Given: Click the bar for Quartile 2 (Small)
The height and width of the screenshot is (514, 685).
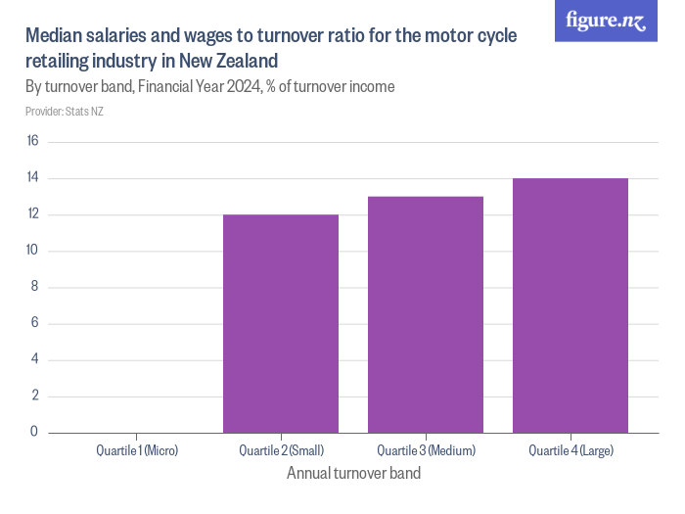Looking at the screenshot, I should click(281, 323).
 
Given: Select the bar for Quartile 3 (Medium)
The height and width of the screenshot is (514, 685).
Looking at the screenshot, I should click(426, 314).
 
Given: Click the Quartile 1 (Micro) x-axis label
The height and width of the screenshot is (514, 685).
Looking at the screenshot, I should click(137, 450).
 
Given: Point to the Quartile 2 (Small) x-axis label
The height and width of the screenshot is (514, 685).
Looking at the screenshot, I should click(281, 450).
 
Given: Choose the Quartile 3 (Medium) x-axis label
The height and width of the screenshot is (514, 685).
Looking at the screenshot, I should click(426, 450).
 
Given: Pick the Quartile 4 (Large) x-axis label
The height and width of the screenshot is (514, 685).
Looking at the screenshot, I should click(571, 450).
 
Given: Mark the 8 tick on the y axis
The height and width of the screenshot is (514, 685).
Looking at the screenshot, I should click(33, 287).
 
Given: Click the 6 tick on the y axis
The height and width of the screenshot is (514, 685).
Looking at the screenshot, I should click(33, 323).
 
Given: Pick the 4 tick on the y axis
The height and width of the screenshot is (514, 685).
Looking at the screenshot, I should click(33, 359).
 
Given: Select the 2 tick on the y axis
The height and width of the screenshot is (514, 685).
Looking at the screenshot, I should click(33, 396).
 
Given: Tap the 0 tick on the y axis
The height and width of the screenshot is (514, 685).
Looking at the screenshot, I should click(33, 432).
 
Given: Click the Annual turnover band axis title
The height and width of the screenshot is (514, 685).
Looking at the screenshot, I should click(353, 474).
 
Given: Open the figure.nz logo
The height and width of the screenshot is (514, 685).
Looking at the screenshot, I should click(606, 21).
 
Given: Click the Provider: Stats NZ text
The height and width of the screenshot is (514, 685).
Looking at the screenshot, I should click(65, 111).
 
